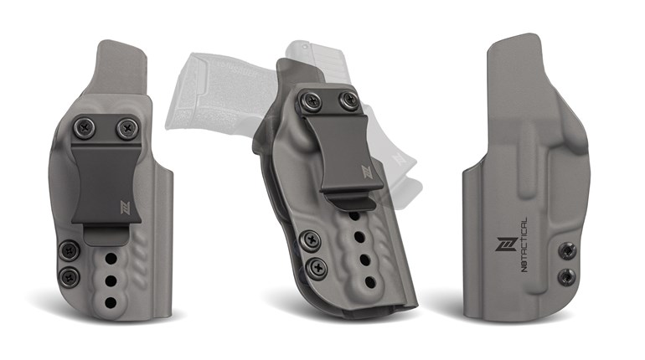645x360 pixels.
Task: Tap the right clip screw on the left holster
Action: [x=126, y=128]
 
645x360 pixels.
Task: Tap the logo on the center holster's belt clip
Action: [x=367, y=172]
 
